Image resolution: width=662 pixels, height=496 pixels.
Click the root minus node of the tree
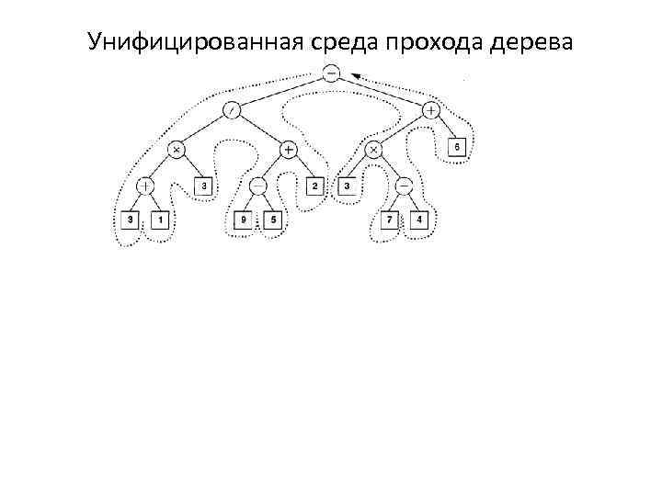pyautogui.click(x=331, y=73)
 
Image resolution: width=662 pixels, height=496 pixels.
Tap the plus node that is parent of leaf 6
pyautogui.click(x=431, y=110)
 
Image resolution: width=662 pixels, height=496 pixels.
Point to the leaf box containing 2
pyautogui.click(x=314, y=186)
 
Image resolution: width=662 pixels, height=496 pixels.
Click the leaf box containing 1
pyautogui.click(x=160, y=220)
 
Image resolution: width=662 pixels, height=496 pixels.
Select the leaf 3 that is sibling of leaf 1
pyautogui.click(x=131, y=220)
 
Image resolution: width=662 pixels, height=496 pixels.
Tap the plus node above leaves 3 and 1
pyautogui.click(x=145, y=186)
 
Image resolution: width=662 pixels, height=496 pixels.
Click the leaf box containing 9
pyautogui.click(x=244, y=220)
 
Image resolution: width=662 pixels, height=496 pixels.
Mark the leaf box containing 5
pyautogui.click(x=272, y=220)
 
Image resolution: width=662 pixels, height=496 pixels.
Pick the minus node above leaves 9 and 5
pyautogui.click(x=258, y=186)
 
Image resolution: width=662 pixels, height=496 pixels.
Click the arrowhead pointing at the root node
pyautogui.click(x=354, y=77)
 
